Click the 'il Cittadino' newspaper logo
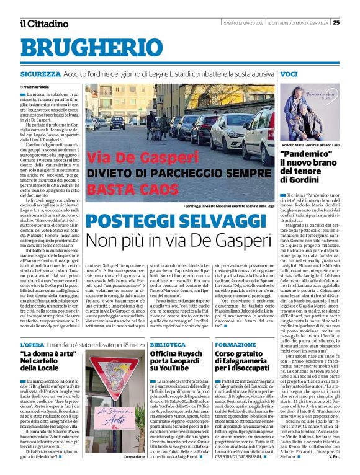[43, 24]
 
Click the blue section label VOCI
[289, 74]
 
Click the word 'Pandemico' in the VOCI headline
[307, 154]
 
